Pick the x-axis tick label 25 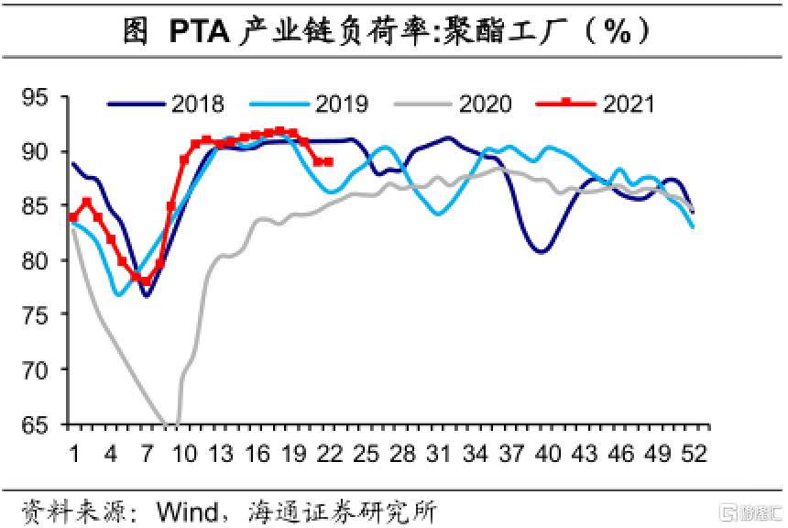(366, 453)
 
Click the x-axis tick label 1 (74, 453)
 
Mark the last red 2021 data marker (329, 162)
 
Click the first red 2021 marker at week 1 (73, 217)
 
